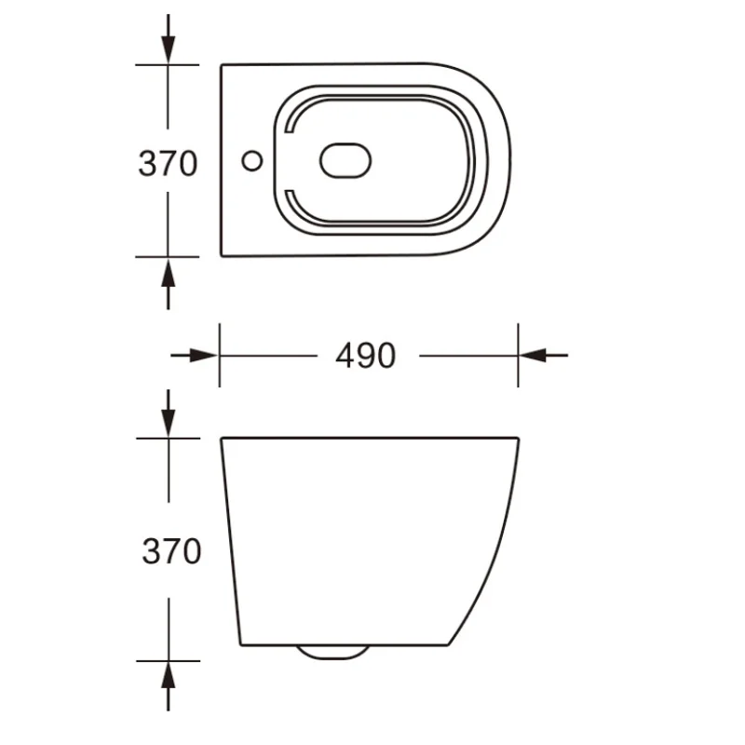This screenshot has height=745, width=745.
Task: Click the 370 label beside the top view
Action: (x=168, y=163)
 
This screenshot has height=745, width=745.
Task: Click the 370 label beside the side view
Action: (x=171, y=551)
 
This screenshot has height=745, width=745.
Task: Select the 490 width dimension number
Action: (x=365, y=355)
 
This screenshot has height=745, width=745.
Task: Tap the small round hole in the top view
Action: (x=251, y=161)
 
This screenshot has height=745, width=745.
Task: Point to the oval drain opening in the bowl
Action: (x=345, y=161)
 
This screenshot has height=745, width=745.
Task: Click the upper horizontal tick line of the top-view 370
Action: (x=168, y=64)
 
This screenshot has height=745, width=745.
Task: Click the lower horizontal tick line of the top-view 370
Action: (x=168, y=256)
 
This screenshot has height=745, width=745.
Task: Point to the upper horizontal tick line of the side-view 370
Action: (x=168, y=437)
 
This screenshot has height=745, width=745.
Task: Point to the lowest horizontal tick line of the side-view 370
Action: (x=168, y=661)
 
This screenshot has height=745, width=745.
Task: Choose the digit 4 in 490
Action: (x=344, y=355)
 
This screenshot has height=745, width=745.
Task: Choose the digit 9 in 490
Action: (x=365, y=355)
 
